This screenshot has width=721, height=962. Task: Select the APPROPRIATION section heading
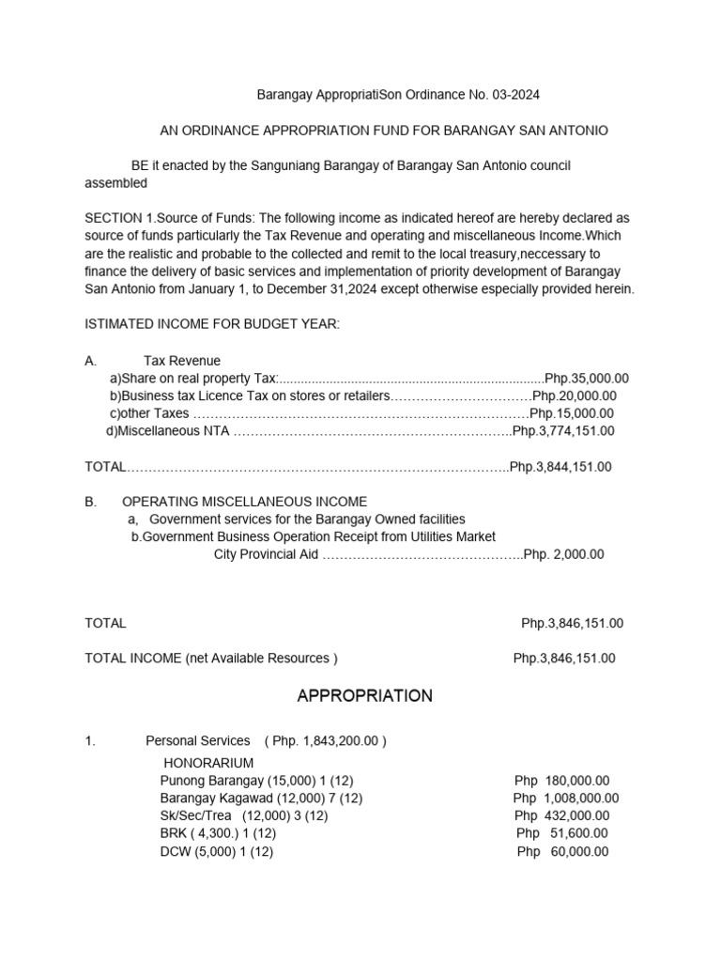364,696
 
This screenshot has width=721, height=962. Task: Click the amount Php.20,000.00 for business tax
575,396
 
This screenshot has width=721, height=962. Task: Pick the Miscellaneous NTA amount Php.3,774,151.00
563,431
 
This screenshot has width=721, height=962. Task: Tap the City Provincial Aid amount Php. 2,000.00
563,554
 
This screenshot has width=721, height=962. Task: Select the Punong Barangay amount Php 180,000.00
561,781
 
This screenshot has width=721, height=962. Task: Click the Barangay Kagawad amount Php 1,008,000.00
566,799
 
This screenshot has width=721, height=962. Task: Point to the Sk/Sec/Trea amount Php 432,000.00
561,816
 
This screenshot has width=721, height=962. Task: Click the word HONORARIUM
208,763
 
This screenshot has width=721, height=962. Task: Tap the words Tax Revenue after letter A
182,361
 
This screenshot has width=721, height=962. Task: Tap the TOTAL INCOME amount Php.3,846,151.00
564,659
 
